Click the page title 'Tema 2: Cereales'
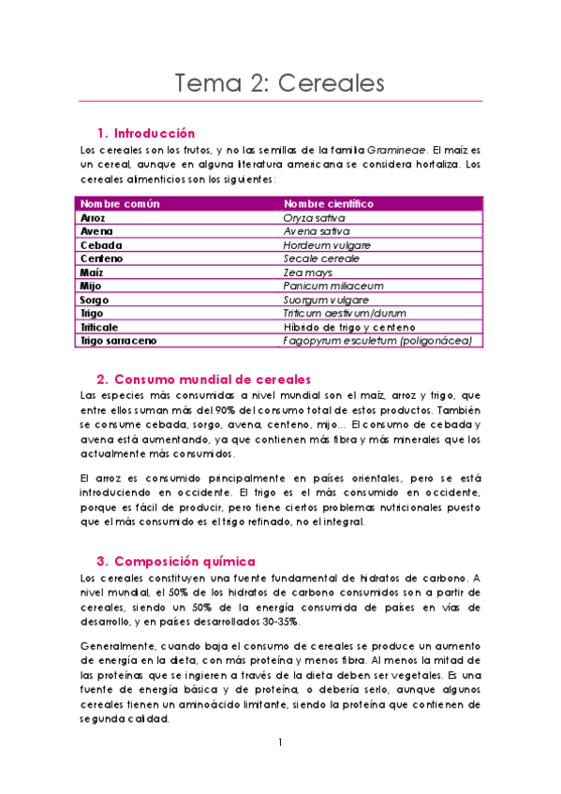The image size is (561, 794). tap(280, 82)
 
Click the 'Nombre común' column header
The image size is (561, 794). tap(120, 203)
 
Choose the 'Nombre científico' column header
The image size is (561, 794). tap(329, 203)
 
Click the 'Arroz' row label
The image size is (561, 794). tap(93, 217)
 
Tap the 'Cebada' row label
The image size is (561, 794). tap(101, 244)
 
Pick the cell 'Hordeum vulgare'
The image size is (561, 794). tap(327, 244)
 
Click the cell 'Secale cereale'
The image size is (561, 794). tap(321, 258)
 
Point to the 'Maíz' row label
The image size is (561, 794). tap(92, 272)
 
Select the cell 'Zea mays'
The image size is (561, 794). tap(308, 272)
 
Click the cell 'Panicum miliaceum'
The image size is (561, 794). tap(333, 286)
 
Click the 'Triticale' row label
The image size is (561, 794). tap(99, 327)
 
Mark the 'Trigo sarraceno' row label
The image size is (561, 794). tap(118, 341)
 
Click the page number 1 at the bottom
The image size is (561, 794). tap(279, 743)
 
